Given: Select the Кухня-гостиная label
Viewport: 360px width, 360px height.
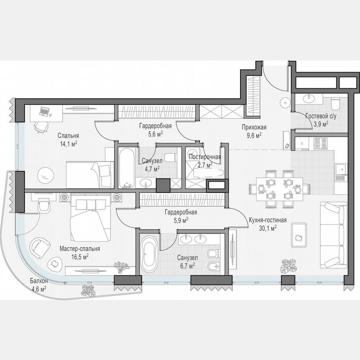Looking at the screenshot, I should coord(267,220).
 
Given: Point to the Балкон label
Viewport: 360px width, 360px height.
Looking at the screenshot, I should coord(38,281).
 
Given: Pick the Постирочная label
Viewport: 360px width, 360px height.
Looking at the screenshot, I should coord(205,157).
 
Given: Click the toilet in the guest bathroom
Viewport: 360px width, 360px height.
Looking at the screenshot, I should coord(335,103).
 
